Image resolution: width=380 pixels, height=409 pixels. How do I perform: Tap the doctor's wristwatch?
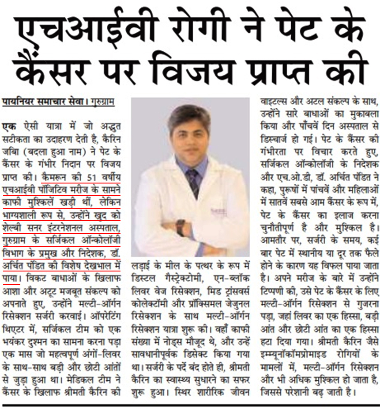pyautogui.click(x=181, y=227)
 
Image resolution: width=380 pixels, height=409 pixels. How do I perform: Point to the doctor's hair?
pyautogui.click(x=189, y=116)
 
